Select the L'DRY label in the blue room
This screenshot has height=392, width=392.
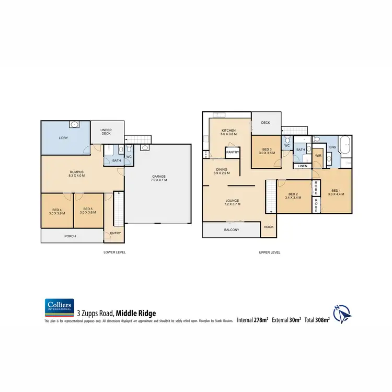tap(65, 138)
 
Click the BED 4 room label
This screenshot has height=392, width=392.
tap(56, 211)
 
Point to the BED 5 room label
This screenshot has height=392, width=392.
tap(87, 211)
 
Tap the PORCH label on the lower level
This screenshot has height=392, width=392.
tap(70, 236)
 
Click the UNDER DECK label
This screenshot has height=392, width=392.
tap(107, 131)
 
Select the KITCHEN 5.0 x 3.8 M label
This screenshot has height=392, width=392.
tap(229, 132)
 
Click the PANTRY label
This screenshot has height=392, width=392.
tap(233, 153)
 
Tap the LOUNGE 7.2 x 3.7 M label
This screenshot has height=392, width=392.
tap(232, 202)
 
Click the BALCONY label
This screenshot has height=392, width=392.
tap(231, 230)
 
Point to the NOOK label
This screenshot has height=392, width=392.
tap(269, 227)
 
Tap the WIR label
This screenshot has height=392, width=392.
tap(318, 155)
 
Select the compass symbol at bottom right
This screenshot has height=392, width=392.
tap(341, 314)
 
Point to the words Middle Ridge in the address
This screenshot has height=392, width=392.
tap(135, 313)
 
